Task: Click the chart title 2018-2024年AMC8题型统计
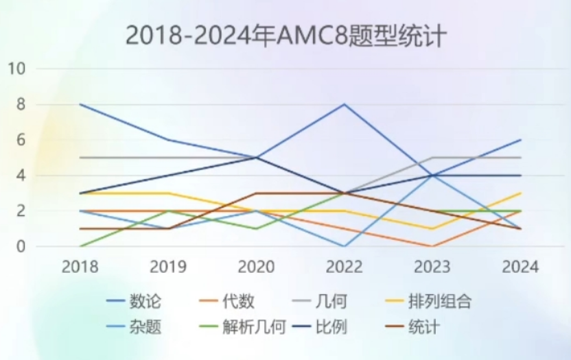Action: click(285, 36)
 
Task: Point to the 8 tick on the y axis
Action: click(21, 104)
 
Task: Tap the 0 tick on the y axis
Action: click(21, 246)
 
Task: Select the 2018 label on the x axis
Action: click(80, 267)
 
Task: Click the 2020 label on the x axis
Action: click(256, 267)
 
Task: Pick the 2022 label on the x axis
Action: click(344, 267)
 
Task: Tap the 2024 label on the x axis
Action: click(520, 267)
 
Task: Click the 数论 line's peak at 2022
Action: click(344, 104)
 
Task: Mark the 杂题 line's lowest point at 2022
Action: click(344, 246)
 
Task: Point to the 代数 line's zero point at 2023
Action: click(432, 246)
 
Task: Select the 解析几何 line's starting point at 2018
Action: click(80, 246)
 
